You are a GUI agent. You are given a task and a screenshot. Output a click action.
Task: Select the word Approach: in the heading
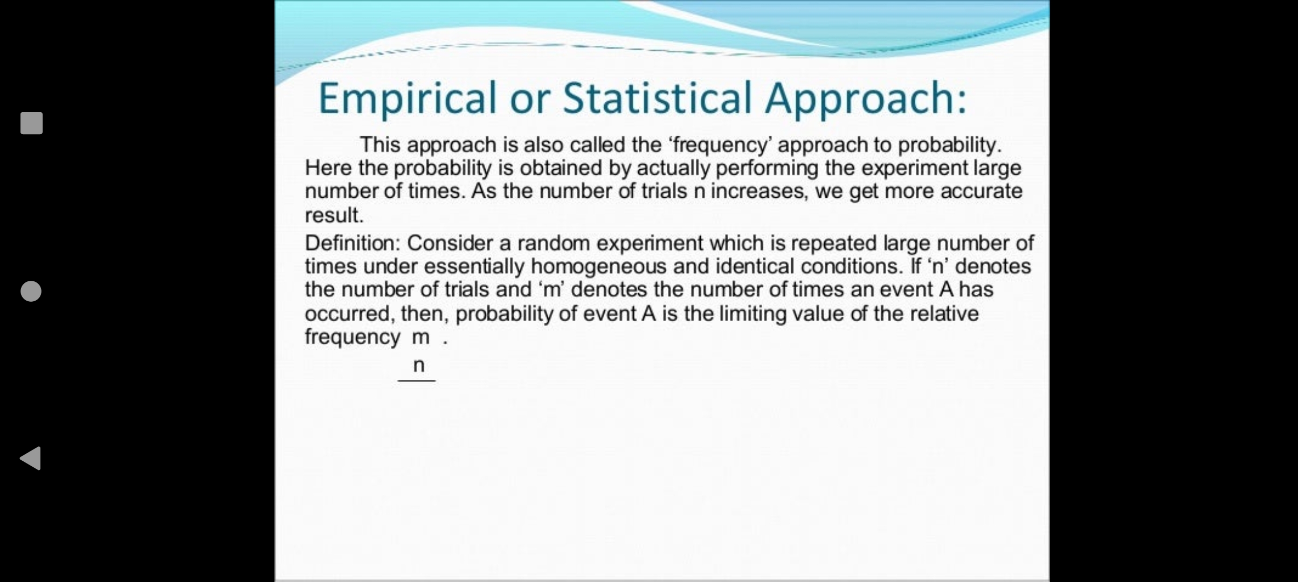click(866, 99)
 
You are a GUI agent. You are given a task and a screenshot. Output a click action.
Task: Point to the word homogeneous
click(599, 267)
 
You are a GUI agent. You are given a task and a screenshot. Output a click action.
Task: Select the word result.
click(334, 215)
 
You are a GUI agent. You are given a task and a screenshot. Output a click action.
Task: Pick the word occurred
click(350, 314)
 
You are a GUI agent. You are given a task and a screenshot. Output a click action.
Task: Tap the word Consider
click(450, 243)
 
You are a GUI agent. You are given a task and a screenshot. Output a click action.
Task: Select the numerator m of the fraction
click(421, 338)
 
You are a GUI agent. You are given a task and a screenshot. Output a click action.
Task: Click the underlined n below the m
click(419, 366)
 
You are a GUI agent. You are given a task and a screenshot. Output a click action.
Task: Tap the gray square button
click(31, 123)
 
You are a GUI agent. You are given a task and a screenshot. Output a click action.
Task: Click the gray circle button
click(31, 291)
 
